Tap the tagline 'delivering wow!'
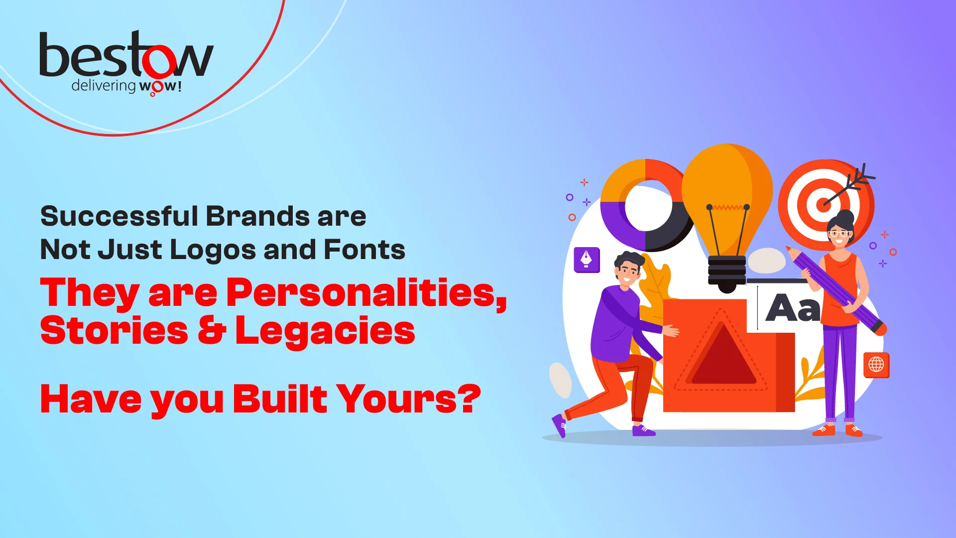(x=126, y=86)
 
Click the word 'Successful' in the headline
(x=119, y=216)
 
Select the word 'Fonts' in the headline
(x=364, y=249)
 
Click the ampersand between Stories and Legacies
(x=212, y=330)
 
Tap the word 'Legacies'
(x=325, y=331)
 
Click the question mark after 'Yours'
(x=470, y=398)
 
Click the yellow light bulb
(x=727, y=199)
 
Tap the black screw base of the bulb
(x=727, y=273)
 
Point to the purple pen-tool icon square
(x=587, y=260)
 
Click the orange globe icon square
(x=876, y=365)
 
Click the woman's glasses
(x=839, y=233)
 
